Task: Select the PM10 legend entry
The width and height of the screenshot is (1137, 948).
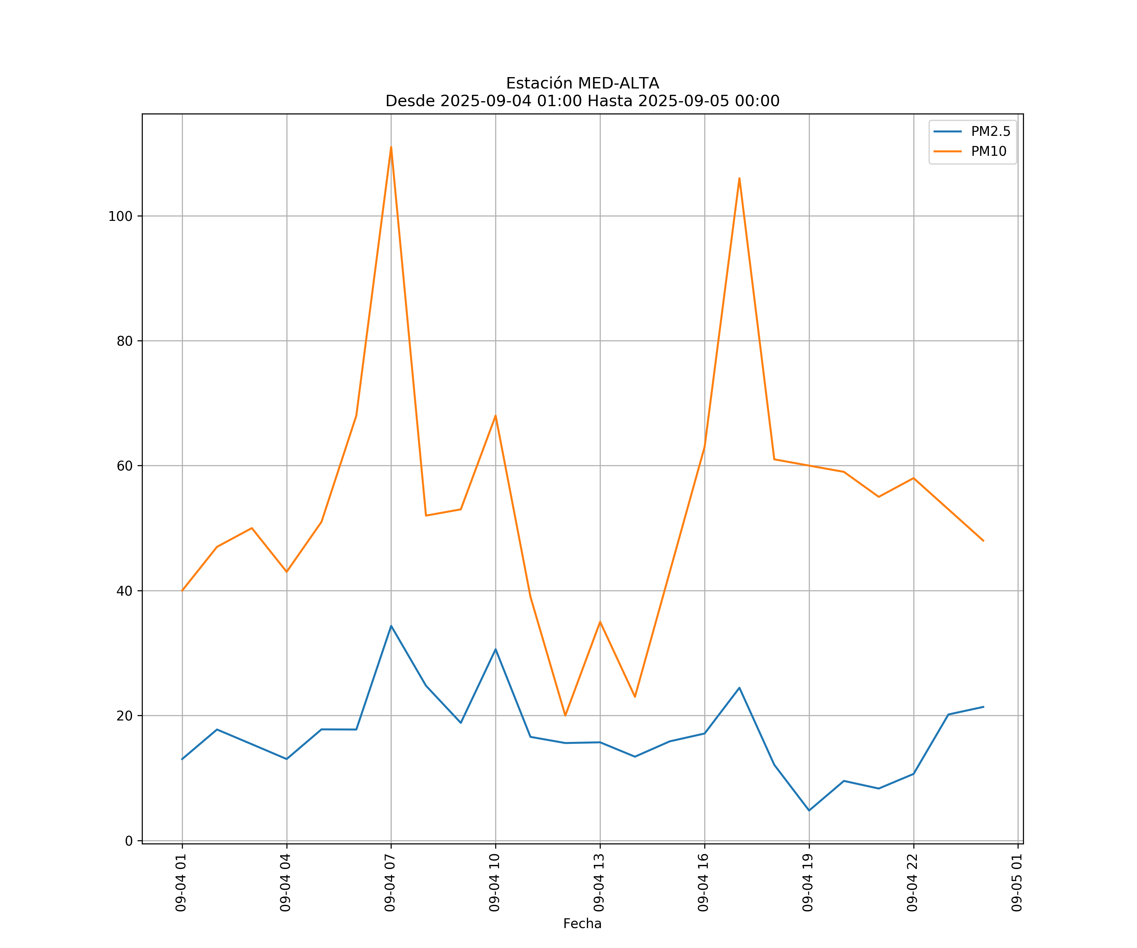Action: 988,152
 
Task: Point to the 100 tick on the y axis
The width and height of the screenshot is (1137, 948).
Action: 120,216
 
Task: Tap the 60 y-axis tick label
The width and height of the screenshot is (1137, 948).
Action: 124,466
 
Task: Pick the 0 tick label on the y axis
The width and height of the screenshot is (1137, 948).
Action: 129,841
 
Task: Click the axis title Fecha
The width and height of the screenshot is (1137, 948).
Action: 582,924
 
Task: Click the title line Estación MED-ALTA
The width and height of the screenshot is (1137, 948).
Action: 582,83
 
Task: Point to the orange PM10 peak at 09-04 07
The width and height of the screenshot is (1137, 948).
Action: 391,147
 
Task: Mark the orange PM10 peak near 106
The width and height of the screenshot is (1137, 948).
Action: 739,178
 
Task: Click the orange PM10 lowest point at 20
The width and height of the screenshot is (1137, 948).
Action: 565,715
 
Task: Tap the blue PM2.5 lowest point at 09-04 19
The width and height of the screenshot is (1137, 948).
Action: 809,811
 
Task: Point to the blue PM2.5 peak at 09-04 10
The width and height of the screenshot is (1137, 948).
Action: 496,649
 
